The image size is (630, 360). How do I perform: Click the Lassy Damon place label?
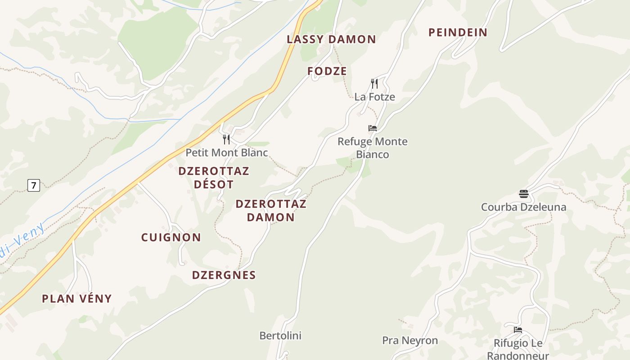331,39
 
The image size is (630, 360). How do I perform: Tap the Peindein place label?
458,32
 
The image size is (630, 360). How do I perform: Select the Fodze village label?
327,71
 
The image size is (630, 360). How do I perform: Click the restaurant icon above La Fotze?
374,83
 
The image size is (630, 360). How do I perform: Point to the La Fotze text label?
374,97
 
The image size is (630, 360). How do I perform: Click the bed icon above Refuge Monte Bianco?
373,128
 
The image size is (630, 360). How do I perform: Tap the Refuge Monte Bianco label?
373,148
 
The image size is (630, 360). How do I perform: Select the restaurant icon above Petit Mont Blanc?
226,139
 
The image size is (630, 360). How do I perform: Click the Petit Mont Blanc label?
226,153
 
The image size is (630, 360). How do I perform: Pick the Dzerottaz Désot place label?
214,178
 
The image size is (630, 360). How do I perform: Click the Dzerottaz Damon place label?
271,211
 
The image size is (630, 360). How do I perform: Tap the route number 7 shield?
34,185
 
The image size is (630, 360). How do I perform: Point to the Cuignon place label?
171,238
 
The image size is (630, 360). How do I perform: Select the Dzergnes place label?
224,275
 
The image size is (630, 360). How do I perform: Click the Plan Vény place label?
76,298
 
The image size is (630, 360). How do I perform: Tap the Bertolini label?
280,336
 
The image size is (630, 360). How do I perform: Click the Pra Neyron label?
410,341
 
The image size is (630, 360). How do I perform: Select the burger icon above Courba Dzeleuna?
523,194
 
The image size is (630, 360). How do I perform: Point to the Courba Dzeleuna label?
523,207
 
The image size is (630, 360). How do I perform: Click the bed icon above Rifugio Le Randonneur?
518,330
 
